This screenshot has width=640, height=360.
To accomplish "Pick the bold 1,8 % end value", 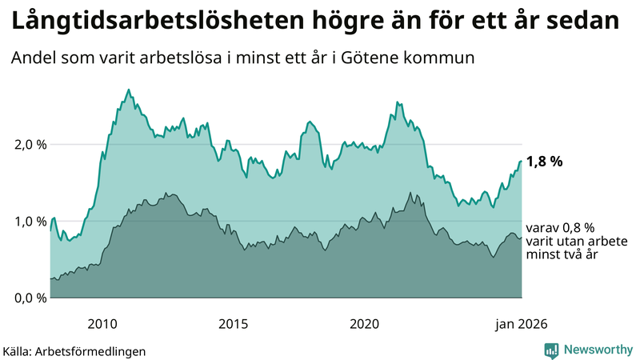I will click(545, 161).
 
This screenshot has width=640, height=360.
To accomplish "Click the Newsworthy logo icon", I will click(551, 350).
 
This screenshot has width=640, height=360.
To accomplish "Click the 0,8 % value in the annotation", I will click(578, 227).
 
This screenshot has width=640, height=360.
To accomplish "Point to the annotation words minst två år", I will click(562, 254).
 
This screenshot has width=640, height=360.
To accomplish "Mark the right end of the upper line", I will click(521, 161).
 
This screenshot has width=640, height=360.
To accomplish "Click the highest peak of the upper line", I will click(130, 90).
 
